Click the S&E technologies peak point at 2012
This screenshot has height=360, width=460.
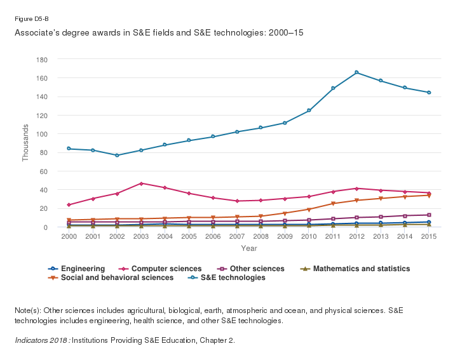point(357,72)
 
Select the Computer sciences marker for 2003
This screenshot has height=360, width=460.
point(141,183)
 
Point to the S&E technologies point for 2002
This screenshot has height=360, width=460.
point(117,156)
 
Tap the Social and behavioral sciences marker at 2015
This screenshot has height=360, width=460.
point(429,196)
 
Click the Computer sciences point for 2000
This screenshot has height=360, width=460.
point(69,205)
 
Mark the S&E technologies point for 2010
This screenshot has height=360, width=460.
point(309,110)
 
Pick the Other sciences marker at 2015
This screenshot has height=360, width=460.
point(429,215)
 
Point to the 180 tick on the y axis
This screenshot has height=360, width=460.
point(43,60)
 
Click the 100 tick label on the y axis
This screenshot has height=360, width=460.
point(43,134)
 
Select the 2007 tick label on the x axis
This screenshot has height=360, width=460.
point(237,236)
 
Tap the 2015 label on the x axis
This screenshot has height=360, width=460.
point(429,236)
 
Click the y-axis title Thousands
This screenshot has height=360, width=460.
point(26,143)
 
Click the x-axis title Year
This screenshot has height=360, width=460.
point(249,248)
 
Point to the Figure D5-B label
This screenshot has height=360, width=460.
point(31,19)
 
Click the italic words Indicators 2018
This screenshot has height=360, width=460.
point(42,340)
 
